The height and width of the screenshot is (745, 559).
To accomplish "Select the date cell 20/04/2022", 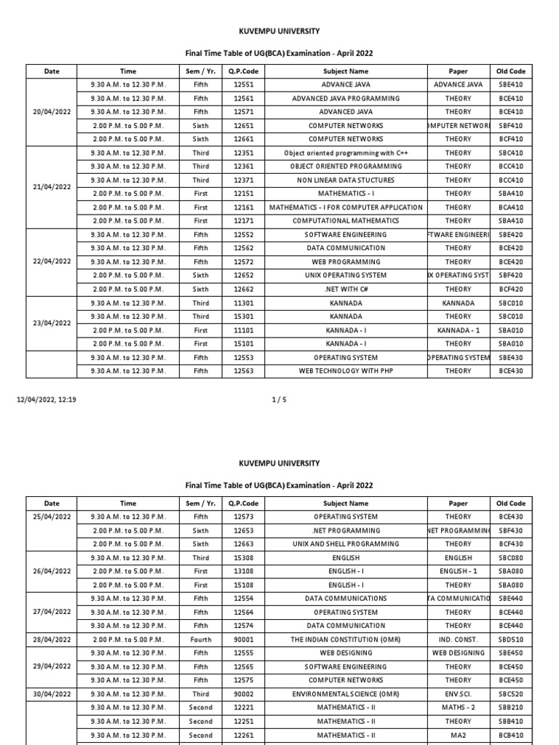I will tap(52, 112).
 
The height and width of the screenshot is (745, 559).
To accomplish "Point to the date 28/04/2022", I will tap(52, 640).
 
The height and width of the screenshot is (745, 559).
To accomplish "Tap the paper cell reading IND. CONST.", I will tap(458, 640).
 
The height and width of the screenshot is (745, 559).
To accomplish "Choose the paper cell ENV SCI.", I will tap(458, 694).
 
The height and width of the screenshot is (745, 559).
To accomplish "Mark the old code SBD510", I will tap(511, 640).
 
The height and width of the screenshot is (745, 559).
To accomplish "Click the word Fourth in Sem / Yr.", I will tap(200, 640).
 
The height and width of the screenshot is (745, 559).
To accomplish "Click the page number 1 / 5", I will tap(279, 399).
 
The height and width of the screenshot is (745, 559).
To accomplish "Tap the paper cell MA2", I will tap(458, 735).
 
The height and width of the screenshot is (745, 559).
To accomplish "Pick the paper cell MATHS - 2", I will tap(458, 707).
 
